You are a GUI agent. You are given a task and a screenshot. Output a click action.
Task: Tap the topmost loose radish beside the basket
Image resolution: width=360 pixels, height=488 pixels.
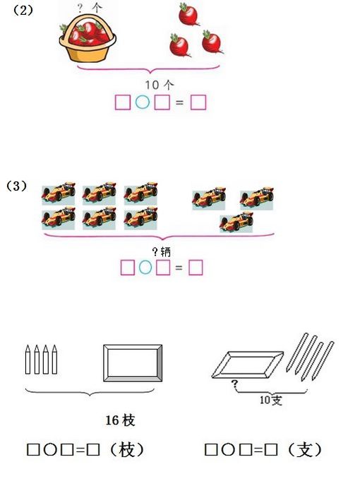pyautogui.click(x=188, y=14)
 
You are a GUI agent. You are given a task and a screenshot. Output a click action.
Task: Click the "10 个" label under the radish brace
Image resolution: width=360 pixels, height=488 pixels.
pyautogui.click(x=160, y=85)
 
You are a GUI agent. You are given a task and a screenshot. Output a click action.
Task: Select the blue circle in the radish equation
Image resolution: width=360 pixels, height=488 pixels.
pyautogui.click(x=143, y=102)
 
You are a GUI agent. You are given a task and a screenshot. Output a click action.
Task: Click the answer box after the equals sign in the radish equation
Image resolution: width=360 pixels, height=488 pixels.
pyautogui.click(x=198, y=102)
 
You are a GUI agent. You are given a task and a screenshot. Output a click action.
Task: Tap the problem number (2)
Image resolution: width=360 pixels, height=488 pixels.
pyautogui.click(x=23, y=11)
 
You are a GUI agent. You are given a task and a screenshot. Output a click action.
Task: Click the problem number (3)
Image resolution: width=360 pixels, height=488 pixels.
pyautogui.click(x=16, y=186)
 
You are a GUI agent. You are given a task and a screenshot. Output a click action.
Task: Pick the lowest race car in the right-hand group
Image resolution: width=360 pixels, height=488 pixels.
pyautogui.click(x=236, y=222)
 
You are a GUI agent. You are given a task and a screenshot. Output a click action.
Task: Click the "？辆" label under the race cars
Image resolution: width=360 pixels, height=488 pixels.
pyautogui.click(x=161, y=251)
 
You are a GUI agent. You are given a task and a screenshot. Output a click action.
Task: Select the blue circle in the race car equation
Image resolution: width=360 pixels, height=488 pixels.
pyautogui.click(x=145, y=268)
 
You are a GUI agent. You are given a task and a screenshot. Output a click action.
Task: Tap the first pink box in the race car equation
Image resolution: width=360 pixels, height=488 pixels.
pyautogui.click(x=128, y=268)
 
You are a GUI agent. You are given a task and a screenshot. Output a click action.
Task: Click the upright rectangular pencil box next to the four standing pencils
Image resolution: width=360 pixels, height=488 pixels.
pyautogui.click(x=133, y=363)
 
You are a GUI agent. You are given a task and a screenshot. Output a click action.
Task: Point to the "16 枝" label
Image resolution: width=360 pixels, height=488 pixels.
pyautogui.click(x=120, y=420)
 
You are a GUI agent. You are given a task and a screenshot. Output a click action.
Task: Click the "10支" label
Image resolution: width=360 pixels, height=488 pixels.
pyautogui.click(x=271, y=400)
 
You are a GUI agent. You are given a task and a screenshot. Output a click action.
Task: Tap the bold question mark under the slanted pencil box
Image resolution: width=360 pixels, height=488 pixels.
pyautogui.click(x=234, y=384)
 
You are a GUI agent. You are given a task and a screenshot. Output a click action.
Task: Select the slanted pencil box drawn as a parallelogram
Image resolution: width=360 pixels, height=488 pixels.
pyautogui.click(x=248, y=364)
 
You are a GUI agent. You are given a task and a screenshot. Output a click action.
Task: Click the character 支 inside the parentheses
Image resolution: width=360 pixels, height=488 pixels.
pyautogui.click(x=305, y=450)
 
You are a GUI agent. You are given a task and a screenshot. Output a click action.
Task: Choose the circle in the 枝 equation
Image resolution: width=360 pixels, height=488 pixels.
pyautogui.click(x=50, y=450)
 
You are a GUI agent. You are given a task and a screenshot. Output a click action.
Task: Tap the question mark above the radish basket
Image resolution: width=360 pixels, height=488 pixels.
pyautogui.click(x=80, y=8)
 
